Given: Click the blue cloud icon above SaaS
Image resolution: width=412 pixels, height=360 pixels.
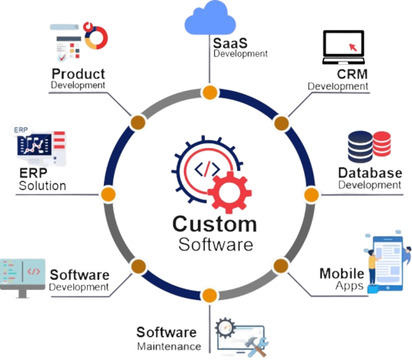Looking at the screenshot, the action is point(210,18).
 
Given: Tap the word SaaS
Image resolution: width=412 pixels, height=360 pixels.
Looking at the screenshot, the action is point(230,43).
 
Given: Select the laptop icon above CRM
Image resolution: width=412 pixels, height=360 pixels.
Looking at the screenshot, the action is point(343,47).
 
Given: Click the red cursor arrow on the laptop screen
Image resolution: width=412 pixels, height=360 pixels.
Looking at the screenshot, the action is point(353,47).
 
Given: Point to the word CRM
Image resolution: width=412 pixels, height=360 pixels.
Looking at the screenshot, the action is point(352,74).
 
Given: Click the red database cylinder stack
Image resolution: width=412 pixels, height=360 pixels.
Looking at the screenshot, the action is point(381,143).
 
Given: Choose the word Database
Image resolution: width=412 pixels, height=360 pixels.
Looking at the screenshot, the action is point(370,173).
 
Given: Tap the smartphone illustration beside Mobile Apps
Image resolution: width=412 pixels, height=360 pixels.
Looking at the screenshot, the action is point(388,263).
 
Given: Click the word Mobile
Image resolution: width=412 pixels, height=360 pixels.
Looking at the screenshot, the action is point(342,274).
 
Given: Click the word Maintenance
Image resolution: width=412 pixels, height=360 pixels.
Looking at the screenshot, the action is point(169,347).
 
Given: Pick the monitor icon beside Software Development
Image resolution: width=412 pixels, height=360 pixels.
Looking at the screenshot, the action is point(22,278).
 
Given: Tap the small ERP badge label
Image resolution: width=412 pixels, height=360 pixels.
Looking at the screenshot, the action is point(21,130).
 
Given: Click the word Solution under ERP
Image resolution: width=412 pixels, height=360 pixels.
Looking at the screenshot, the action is point(42,186).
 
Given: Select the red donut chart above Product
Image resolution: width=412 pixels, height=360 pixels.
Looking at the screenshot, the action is point(96,38).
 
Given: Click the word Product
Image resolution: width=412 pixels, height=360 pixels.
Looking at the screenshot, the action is point(79,74).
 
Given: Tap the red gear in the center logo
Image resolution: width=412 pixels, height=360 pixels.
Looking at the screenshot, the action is point(229,193).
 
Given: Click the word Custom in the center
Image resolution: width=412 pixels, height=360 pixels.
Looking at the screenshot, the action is point(214,224).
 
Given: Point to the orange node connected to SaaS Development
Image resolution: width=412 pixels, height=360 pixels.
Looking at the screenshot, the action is point(209,93).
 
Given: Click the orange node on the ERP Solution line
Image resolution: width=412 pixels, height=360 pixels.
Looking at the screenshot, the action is point(108,194).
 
